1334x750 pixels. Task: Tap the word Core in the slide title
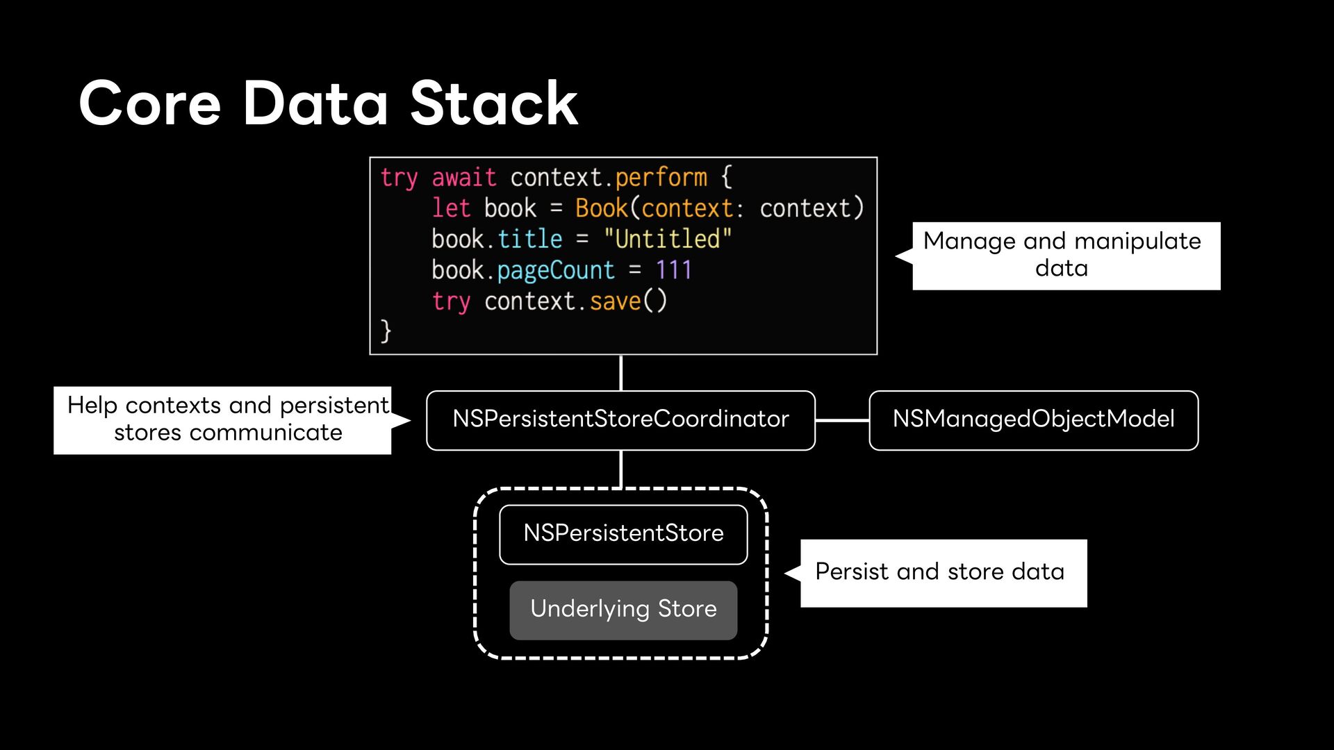point(150,103)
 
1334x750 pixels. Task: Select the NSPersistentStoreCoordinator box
point(620,420)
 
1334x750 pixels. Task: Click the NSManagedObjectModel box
point(1034,420)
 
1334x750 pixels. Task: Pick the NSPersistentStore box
point(623,534)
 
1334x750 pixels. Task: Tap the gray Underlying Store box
point(623,610)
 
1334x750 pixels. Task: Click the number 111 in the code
point(674,269)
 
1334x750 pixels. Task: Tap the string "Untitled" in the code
point(667,238)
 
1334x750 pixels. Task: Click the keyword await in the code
point(464,177)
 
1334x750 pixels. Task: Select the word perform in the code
point(661,178)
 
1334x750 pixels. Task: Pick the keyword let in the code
point(451,208)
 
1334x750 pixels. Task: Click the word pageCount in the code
point(556,270)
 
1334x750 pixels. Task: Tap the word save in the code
point(615,301)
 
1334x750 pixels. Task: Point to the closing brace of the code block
point(386,331)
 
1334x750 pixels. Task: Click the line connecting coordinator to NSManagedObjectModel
point(842,420)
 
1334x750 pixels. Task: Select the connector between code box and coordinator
point(620,373)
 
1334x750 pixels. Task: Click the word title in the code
point(529,238)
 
